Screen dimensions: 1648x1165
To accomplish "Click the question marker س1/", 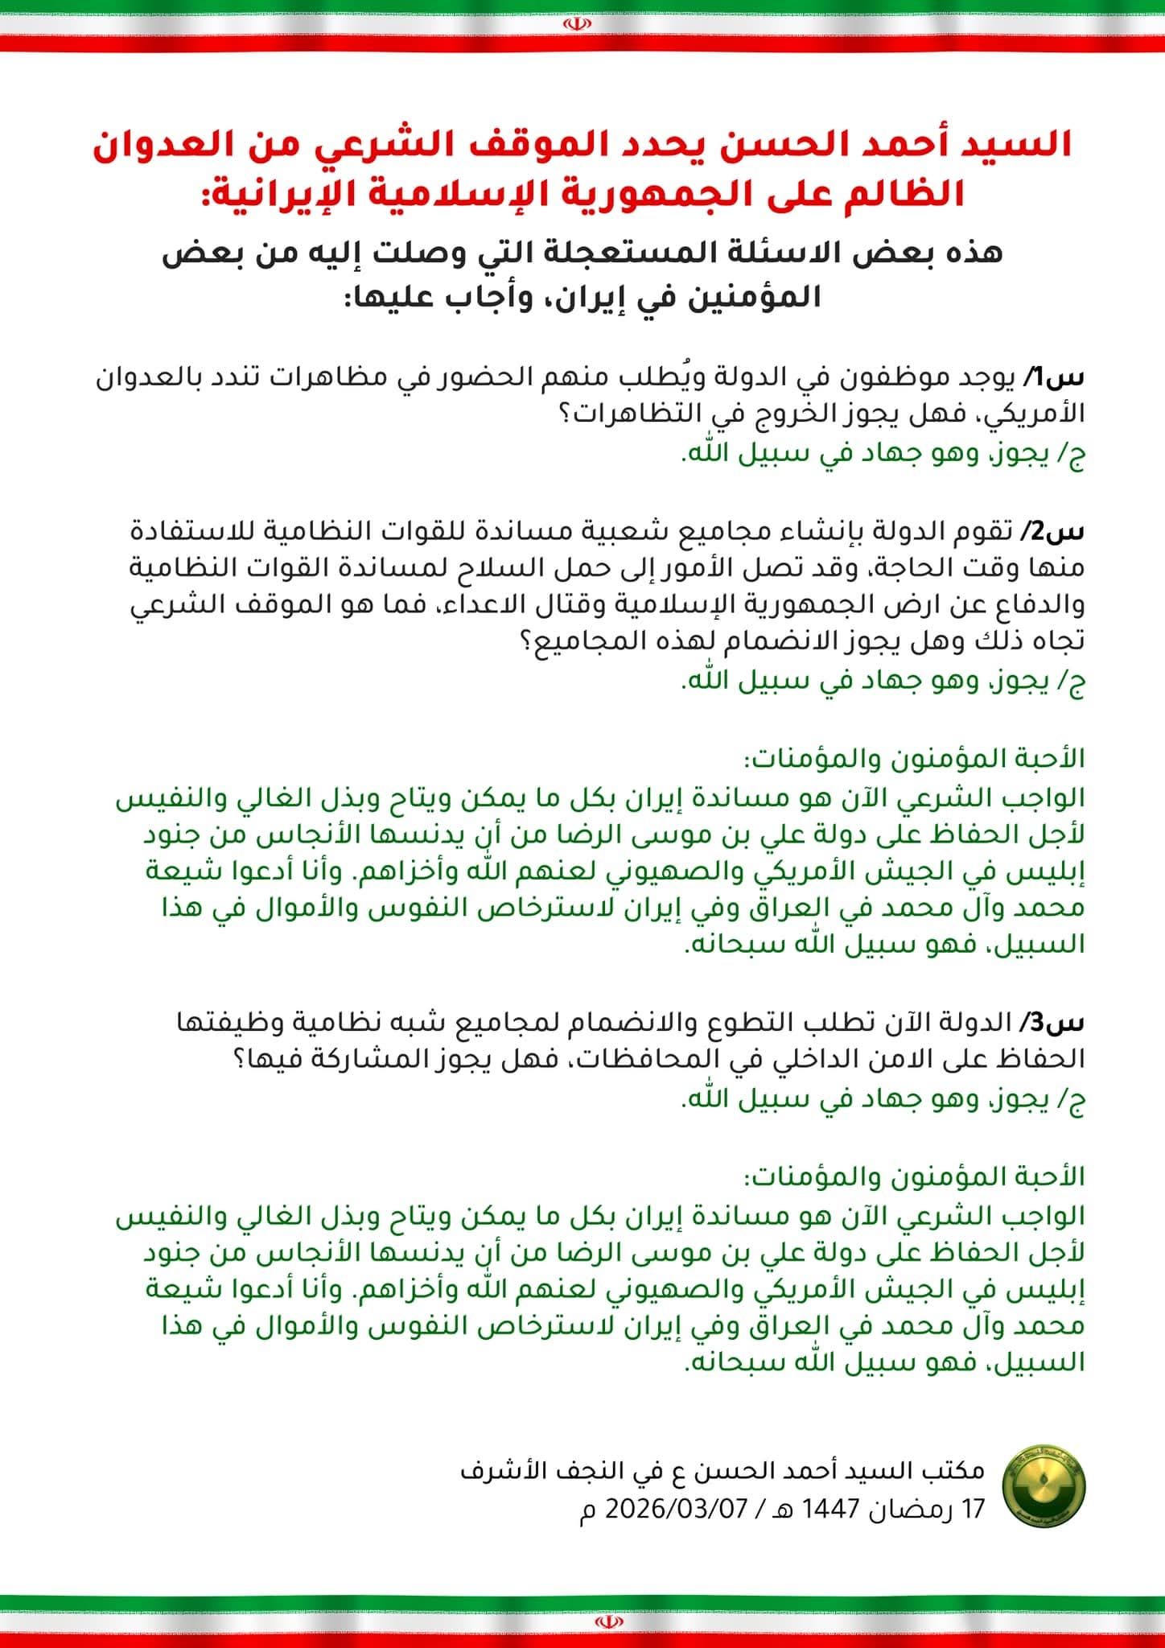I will [x=1062, y=377].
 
